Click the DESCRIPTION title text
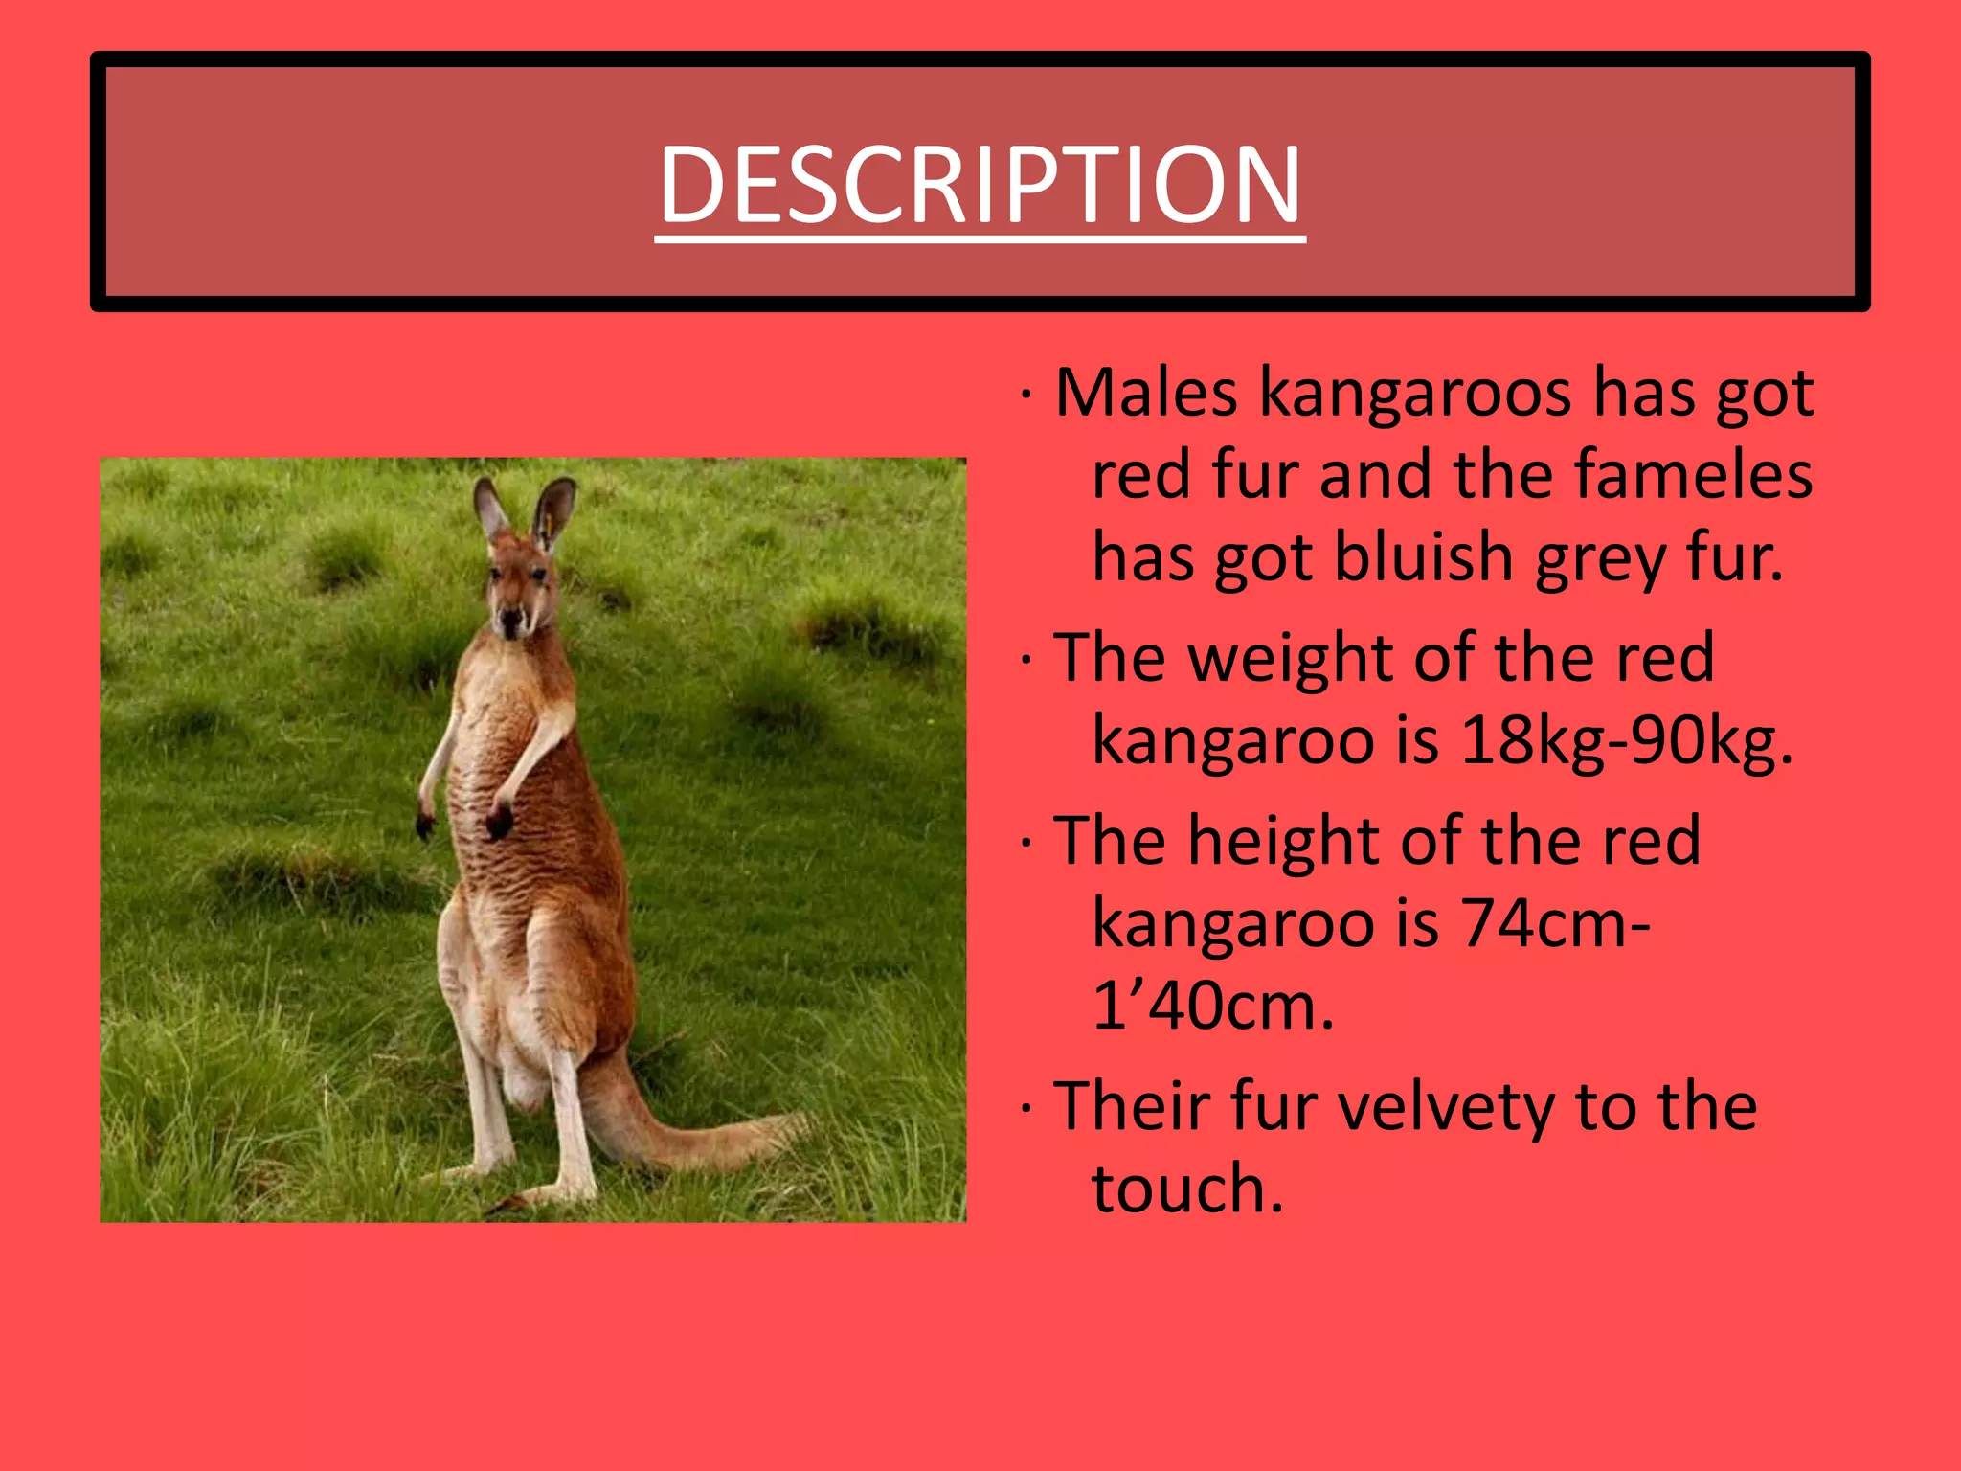980,184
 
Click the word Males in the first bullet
1146,393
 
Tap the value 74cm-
1555,923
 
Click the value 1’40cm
1212,1007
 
